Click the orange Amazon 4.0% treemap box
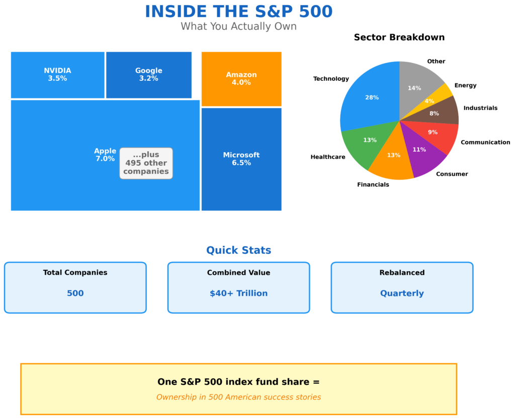pos(241,78)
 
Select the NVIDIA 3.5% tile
pos(57,74)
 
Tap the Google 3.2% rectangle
pos(148,74)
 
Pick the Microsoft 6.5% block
pos(241,159)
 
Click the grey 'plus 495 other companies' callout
pos(146,163)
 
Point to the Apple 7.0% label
pos(105,155)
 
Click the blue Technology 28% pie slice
pos(367,98)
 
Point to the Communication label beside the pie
pos(485,142)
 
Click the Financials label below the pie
pos(373,184)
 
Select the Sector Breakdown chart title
pos(399,37)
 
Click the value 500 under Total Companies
pos(75,293)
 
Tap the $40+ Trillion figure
pos(238,293)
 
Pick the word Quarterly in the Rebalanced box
pos(401,293)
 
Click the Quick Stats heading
pos(238,250)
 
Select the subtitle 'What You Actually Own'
pos(238,26)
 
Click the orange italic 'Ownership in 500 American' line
pos(238,397)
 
